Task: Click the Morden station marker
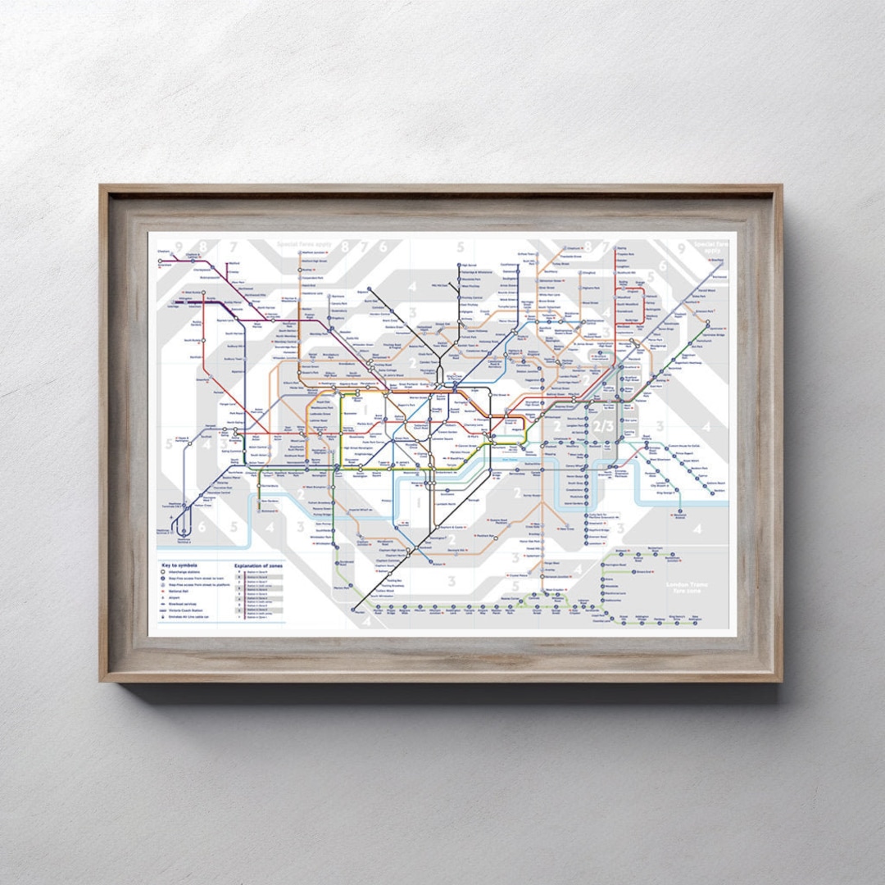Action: tap(358, 610)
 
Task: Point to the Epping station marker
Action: tap(616, 248)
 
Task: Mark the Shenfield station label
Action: tap(718, 261)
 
